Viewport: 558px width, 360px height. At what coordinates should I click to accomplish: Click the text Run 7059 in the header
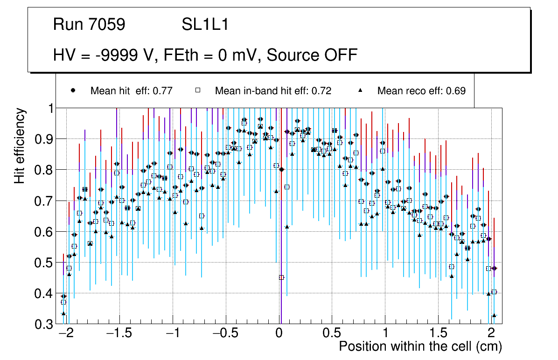[89, 25]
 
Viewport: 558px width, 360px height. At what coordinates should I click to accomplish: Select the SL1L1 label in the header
[205, 25]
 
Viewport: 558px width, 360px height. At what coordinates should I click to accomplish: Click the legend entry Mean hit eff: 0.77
[132, 91]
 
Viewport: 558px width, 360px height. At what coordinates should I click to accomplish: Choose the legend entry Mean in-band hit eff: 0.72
[273, 91]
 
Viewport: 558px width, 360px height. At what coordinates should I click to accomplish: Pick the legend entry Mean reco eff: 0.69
[421, 91]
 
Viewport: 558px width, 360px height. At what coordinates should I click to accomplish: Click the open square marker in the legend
[197, 90]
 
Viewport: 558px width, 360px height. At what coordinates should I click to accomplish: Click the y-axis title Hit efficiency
[20, 145]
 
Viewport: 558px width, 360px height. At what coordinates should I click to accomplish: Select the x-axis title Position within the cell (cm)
[420, 347]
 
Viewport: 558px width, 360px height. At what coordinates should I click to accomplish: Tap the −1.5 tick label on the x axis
[119, 334]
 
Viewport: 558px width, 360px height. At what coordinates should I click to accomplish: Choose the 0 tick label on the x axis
[279, 334]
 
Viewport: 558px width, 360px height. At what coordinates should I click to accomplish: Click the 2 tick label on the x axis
[491, 334]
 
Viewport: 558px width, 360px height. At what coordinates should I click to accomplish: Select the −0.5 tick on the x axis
[226, 334]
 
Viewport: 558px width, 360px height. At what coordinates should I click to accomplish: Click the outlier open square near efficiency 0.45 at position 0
[281, 277]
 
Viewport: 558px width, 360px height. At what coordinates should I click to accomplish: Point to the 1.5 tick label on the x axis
[438, 334]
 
